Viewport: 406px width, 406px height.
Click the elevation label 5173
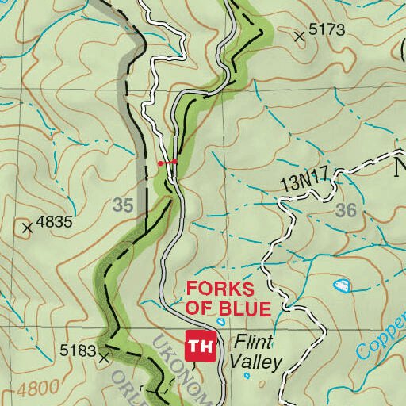(327, 30)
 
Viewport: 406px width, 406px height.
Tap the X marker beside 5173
(300, 36)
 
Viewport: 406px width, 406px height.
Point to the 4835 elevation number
(55, 223)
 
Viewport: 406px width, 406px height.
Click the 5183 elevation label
(77, 350)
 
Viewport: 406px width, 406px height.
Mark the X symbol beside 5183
(104, 358)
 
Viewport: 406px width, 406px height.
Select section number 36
(346, 210)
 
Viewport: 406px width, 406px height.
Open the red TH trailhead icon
(201, 345)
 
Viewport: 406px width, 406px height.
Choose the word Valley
(255, 363)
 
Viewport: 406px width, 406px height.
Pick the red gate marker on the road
(167, 163)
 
